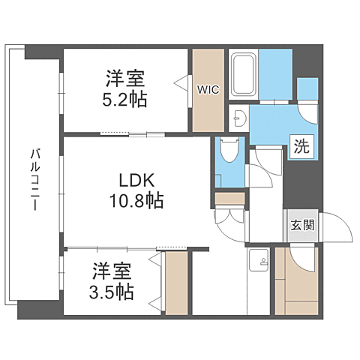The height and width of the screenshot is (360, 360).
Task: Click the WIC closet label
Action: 207,88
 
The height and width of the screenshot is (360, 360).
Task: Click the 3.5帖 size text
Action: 112,292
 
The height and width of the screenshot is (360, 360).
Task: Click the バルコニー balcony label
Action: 34,181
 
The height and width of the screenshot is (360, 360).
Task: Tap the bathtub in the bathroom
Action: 242,76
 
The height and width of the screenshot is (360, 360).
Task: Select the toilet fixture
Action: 230,153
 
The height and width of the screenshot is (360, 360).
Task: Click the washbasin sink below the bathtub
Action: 239,118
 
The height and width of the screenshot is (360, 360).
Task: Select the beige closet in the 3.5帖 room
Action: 176,283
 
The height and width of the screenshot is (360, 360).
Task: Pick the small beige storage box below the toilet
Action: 229,199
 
